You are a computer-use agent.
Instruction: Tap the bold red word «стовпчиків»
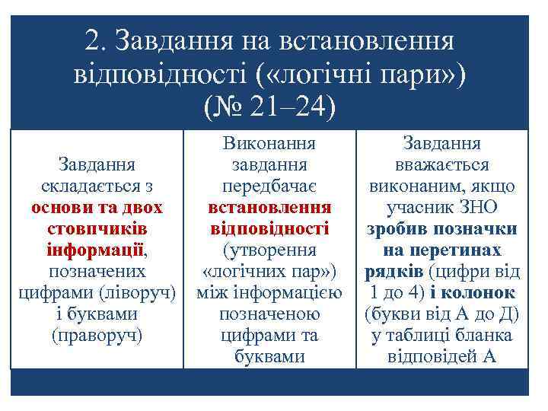coord(97,228)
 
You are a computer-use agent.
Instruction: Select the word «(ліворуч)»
coord(144,292)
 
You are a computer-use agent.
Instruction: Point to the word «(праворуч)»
coord(97,334)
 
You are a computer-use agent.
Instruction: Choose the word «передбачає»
coord(270,186)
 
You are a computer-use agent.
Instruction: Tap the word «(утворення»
coord(270,250)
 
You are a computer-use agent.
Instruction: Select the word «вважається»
coord(442,165)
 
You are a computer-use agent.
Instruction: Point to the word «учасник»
coord(419,207)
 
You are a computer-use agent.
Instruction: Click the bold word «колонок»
coord(485,292)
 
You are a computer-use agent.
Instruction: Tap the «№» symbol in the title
coord(220,104)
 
